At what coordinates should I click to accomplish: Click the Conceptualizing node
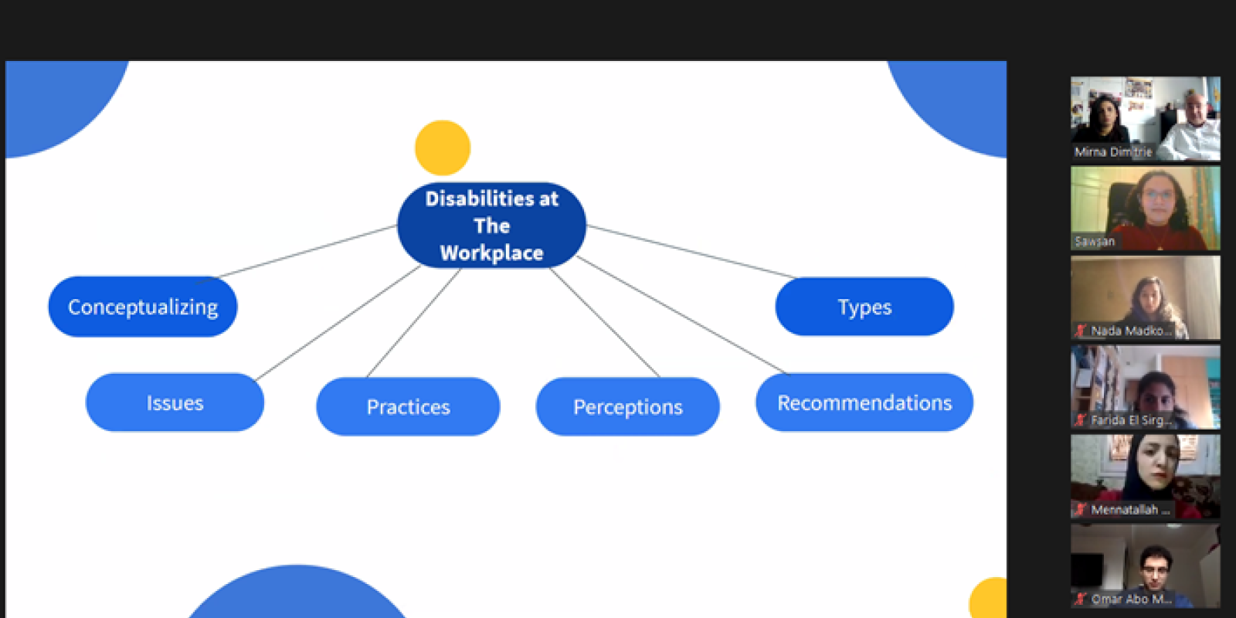[x=143, y=307]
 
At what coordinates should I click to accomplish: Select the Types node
[x=864, y=307]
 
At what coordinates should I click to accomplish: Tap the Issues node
[x=175, y=402]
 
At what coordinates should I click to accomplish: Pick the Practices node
[x=408, y=406]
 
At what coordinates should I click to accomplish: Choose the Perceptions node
[x=627, y=406]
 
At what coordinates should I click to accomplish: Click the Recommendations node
[x=864, y=402]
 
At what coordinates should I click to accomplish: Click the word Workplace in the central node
[x=491, y=253]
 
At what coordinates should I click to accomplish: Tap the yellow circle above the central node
[x=443, y=148]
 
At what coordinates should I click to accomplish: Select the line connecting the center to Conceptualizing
[x=309, y=251]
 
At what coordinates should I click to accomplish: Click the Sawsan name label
[x=1095, y=241]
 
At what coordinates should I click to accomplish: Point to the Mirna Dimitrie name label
[x=1112, y=152]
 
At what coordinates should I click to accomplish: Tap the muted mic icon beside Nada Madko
[x=1081, y=331]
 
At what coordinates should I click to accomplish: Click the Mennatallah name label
[x=1125, y=510]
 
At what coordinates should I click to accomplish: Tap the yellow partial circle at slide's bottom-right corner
[x=989, y=599]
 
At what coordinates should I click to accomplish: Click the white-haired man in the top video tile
[x=1194, y=116]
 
